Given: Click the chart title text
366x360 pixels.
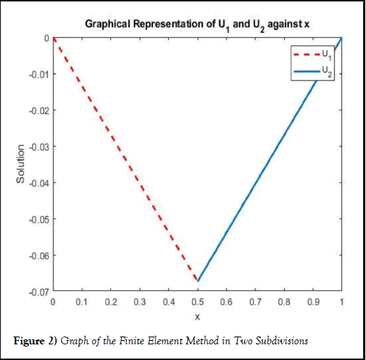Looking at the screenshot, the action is pyautogui.click(x=197, y=25).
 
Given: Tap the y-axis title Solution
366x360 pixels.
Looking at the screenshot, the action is pyautogui.click(x=21, y=164).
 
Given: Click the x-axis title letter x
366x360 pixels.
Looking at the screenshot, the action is pyautogui.click(x=197, y=317).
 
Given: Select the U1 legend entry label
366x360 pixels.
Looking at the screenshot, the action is pyautogui.click(x=327, y=55).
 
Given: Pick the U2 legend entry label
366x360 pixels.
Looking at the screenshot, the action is pyautogui.click(x=327, y=71).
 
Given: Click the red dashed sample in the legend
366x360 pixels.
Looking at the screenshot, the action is pyautogui.click(x=307, y=55).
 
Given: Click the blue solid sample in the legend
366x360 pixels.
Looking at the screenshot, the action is pyautogui.click(x=307, y=71).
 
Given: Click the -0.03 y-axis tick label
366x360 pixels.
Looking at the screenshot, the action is pyautogui.click(x=39, y=147).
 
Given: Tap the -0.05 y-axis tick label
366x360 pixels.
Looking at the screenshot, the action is pyautogui.click(x=39, y=220).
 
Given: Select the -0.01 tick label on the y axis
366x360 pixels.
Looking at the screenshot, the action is pyautogui.click(x=39, y=75).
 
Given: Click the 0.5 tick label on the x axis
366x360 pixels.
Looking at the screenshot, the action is pyautogui.click(x=197, y=302).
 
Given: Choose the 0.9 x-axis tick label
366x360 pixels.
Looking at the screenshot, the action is pyautogui.click(x=313, y=302).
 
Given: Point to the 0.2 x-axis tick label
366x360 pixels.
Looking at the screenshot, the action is pyautogui.click(x=111, y=302).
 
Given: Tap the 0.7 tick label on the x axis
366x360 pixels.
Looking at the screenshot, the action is pyautogui.click(x=256, y=302).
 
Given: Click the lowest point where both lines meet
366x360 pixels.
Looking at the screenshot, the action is pyautogui.click(x=198, y=281).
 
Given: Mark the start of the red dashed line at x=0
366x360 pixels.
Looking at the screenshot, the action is pyautogui.click(x=53, y=38).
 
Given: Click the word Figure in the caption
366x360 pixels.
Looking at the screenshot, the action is pyautogui.click(x=29, y=341).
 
